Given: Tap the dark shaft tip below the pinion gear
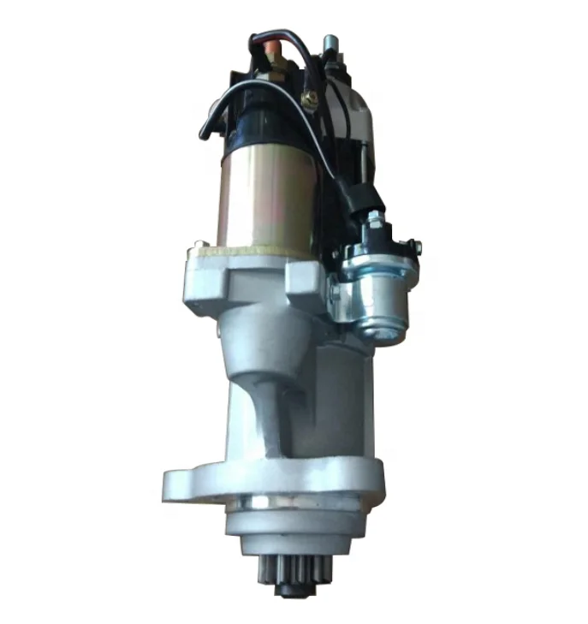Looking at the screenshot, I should [290, 591].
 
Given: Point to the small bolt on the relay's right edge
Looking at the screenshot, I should [415, 249].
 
